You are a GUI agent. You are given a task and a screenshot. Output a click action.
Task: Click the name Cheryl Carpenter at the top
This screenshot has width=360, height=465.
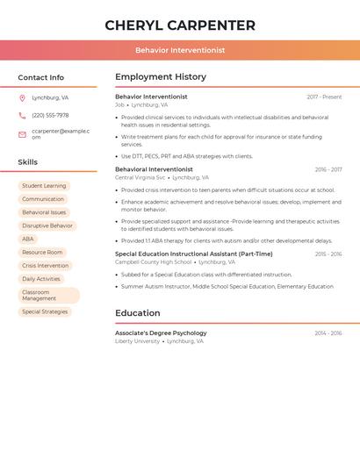[x=180, y=25]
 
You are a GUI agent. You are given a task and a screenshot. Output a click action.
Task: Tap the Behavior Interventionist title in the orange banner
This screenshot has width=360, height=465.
[x=180, y=51]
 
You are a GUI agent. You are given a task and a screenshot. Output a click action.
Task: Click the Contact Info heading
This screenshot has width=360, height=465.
[x=41, y=77]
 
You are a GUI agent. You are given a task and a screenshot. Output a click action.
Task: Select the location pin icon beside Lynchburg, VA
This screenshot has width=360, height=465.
[x=22, y=97]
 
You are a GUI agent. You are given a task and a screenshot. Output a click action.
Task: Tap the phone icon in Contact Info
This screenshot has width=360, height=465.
[x=22, y=115]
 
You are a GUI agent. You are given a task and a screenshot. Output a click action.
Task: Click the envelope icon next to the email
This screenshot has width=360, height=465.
[x=22, y=134]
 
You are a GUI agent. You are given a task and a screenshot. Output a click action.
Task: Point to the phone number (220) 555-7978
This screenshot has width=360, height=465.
[x=50, y=115]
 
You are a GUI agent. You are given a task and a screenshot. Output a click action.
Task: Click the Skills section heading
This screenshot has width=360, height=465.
[x=28, y=162]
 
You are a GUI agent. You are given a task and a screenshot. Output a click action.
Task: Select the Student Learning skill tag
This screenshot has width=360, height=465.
[x=44, y=186]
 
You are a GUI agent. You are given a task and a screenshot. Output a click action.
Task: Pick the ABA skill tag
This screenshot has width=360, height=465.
[x=28, y=239]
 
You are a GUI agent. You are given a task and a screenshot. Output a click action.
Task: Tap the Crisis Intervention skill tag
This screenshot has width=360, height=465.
[x=45, y=265]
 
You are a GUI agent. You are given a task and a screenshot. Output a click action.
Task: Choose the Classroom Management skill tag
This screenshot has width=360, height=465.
[x=48, y=296]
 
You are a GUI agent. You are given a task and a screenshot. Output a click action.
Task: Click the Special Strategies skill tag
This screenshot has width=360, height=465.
[x=45, y=311]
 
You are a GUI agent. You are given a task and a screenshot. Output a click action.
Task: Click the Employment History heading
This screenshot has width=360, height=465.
[x=161, y=77]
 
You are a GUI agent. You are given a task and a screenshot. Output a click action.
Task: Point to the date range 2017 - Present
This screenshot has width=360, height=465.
[x=324, y=97]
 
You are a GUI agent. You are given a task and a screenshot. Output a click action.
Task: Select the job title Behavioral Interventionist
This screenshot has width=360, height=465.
[x=154, y=169]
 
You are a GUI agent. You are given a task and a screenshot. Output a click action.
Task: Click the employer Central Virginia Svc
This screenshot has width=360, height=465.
[x=140, y=177]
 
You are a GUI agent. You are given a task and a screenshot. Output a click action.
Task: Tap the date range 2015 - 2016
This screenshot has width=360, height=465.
[x=328, y=254]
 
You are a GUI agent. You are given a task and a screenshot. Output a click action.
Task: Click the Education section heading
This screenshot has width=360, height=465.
[x=138, y=313]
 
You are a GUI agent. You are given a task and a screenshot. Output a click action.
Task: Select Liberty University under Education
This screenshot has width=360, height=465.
[x=138, y=341]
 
